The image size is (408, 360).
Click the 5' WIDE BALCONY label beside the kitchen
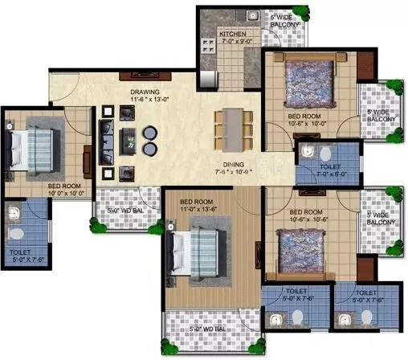click(285, 20)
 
